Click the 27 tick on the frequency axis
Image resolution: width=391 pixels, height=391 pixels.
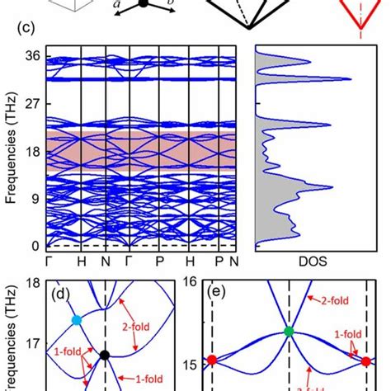point(33,105)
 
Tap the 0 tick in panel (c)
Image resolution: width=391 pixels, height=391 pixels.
point(36,246)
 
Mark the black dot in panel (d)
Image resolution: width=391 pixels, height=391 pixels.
point(105,356)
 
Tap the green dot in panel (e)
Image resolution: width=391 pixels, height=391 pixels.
point(288,332)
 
